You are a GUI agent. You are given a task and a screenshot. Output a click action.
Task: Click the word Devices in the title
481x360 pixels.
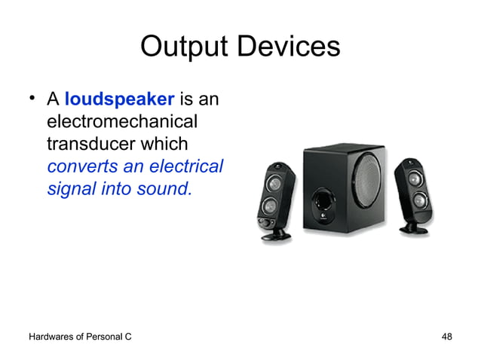[x=286, y=47]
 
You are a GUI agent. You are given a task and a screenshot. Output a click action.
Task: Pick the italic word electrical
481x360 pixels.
[x=188, y=166]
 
